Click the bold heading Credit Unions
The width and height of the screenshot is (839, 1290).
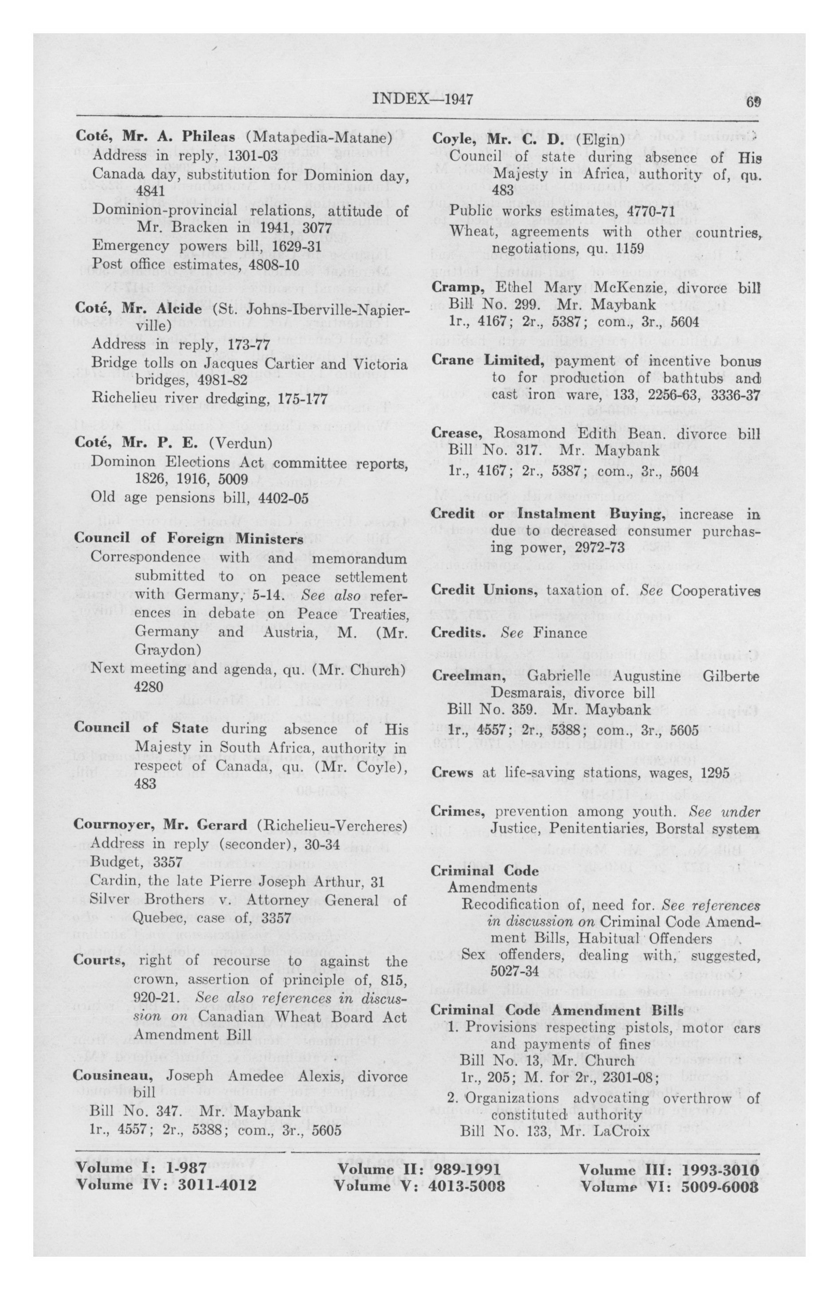pyautogui.click(x=483, y=590)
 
